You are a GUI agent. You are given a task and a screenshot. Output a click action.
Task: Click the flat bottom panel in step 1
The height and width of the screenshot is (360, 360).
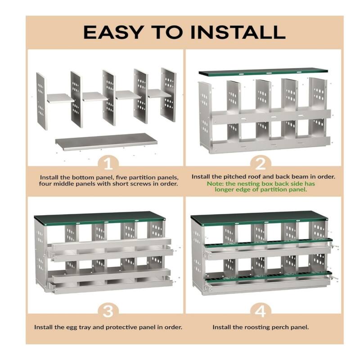[106, 141]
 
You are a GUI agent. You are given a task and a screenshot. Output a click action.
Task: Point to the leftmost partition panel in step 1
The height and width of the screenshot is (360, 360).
[41, 101]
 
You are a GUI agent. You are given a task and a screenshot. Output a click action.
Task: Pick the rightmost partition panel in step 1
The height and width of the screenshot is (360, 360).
[169, 94]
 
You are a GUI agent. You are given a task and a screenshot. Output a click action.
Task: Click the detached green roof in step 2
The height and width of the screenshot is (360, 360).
[263, 72]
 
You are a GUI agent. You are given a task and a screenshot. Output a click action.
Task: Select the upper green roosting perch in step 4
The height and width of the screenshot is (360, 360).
[268, 243]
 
